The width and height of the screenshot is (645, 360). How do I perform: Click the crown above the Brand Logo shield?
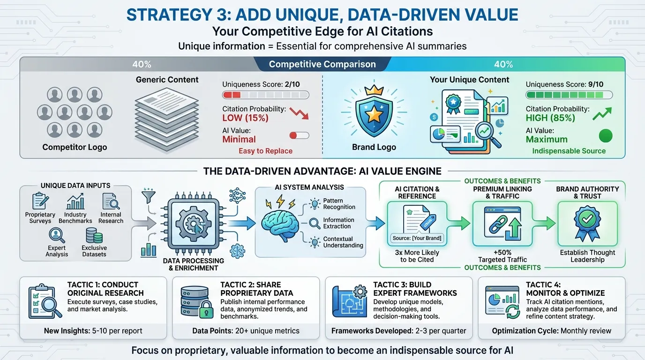click(x=374, y=90)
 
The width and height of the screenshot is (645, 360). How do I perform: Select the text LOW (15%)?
click(x=245, y=118)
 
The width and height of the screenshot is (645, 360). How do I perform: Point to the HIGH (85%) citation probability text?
click(x=551, y=118)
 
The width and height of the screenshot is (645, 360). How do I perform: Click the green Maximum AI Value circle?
click(x=606, y=136)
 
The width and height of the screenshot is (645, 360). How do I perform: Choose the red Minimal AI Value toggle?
click(x=299, y=135)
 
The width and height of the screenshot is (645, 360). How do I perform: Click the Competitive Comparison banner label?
click(x=322, y=64)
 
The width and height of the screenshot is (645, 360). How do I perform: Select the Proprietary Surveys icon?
click(x=40, y=202)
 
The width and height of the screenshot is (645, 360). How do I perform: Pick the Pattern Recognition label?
click(x=339, y=204)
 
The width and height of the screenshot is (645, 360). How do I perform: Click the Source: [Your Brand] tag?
click(x=417, y=238)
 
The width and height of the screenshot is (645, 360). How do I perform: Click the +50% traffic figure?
click(x=502, y=252)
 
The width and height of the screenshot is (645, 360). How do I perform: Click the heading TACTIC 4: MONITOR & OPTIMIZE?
click(x=565, y=289)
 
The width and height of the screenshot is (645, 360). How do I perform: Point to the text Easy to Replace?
click(x=265, y=151)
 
